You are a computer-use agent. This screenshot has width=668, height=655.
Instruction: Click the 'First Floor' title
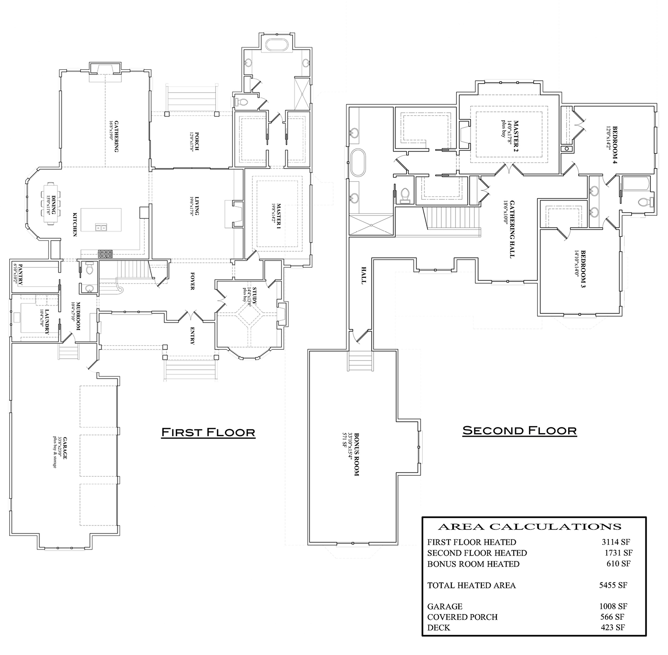pyautogui.click(x=208, y=432)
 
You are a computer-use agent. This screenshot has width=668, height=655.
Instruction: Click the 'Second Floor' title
pyautogui.click(x=519, y=430)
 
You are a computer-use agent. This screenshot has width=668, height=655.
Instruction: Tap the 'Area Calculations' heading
pyautogui.click(x=529, y=527)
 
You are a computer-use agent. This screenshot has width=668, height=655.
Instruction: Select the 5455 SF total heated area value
pyautogui.click(x=613, y=585)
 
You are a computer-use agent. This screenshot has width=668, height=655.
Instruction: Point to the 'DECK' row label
pyautogui.click(x=439, y=627)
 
